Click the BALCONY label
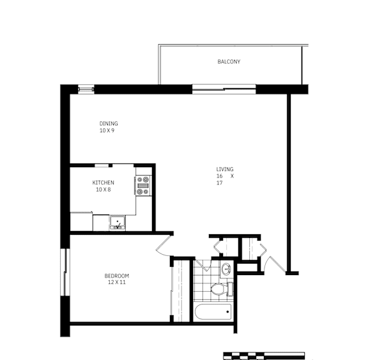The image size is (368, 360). coord(228,62)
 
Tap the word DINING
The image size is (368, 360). coord(108,124)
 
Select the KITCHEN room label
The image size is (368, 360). coord(103,183)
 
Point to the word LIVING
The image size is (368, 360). coord(224,169)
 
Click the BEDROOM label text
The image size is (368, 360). coord(117,276)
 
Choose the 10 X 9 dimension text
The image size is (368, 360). coord(107,131)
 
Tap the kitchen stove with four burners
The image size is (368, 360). coord(142,185)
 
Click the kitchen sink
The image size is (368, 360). coord(118,223)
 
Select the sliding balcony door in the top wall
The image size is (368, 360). coord(224,89)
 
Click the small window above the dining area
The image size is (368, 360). coord(86,89)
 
